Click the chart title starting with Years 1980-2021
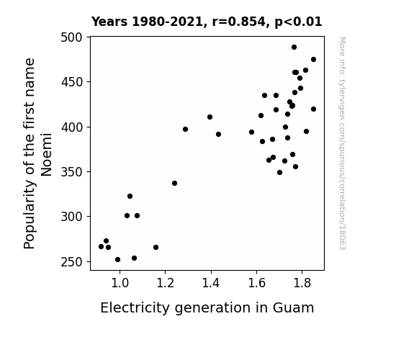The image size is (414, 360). pyautogui.click(x=207, y=22)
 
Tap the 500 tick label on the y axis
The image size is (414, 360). pyautogui.click(x=71, y=37)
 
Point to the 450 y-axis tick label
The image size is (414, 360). pyautogui.click(x=71, y=82)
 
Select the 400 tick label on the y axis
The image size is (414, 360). pyautogui.click(x=71, y=127)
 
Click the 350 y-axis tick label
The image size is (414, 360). pyautogui.click(x=71, y=172)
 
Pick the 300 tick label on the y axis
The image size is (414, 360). pyautogui.click(x=71, y=217)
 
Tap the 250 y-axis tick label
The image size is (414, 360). pyautogui.click(x=71, y=262)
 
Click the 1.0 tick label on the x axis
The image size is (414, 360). pyautogui.click(x=120, y=283)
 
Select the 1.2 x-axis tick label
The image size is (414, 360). pyautogui.click(x=166, y=283)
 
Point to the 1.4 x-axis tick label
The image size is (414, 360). pyautogui.click(x=211, y=283)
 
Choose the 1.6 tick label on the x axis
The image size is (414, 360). pyautogui.click(x=256, y=283)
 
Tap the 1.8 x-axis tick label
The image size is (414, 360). pyautogui.click(x=302, y=283)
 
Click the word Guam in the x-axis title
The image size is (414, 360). pyautogui.click(x=293, y=307)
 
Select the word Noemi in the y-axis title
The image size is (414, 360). pyautogui.click(x=47, y=155)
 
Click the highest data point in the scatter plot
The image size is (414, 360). pyautogui.click(x=294, y=48)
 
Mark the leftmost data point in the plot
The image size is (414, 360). pyautogui.click(x=101, y=247)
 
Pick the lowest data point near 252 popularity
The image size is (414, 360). pyautogui.click(x=118, y=260)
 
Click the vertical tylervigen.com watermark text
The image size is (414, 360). pyautogui.click(x=343, y=143)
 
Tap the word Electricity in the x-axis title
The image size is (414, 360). pyautogui.click(x=135, y=307)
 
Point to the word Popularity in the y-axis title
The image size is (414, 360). pyautogui.click(x=29, y=215)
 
